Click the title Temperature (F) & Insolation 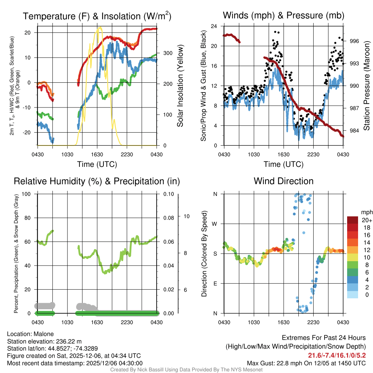point(97,16)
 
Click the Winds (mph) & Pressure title point(283,15)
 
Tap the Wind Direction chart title point(283,181)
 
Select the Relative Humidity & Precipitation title point(97,181)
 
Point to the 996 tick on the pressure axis point(354,41)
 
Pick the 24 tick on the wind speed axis point(215,26)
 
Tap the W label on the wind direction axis point(215,224)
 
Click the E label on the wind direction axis point(215,283)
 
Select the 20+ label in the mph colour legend point(366,220)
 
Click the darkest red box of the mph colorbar point(353,220)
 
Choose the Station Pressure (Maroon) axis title point(367,86)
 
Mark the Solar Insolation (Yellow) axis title point(180,86)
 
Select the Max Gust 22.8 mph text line point(306,363)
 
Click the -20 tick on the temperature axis point(28,133)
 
